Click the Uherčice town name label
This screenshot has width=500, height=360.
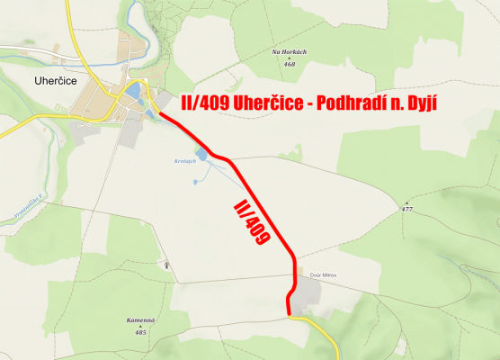pyautogui.click(x=31, y=80)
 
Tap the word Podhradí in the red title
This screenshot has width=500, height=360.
pyautogui.click(x=353, y=103)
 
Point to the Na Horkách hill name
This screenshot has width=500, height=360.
pyautogui.click(x=289, y=52)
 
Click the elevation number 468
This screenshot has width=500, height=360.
pyautogui.click(x=289, y=64)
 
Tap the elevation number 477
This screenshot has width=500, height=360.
pyautogui.click(x=407, y=209)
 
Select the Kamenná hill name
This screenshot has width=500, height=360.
pyautogui.click(x=141, y=321)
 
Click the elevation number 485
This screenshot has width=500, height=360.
pyautogui.click(x=140, y=332)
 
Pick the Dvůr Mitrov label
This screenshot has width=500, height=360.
pyautogui.click(x=321, y=274)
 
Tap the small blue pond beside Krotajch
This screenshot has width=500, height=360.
pyautogui.click(x=201, y=156)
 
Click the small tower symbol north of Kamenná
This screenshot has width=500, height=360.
pyautogui.click(x=166, y=265)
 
